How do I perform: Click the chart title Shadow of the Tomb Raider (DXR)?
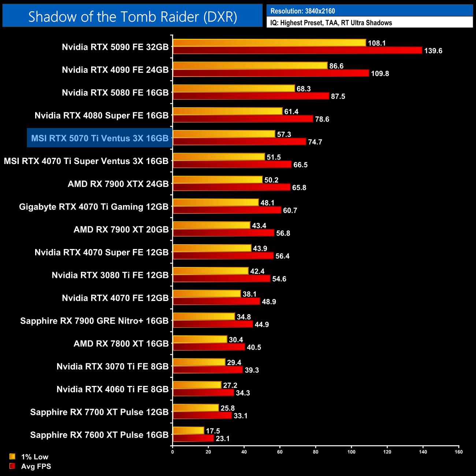(x=133, y=16)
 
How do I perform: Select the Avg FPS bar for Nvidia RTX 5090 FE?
(x=297, y=51)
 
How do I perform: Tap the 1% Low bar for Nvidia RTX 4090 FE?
(x=250, y=66)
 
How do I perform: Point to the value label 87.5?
(x=338, y=96)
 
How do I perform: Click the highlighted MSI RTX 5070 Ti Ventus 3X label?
(x=100, y=138)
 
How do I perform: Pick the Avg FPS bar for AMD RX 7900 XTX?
(x=231, y=187)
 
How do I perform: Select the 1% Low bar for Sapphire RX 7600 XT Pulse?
(x=188, y=431)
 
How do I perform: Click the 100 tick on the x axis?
(x=351, y=452)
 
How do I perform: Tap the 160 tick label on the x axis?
(x=458, y=452)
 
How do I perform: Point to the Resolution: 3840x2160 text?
(x=303, y=11)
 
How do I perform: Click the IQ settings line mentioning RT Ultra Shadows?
(x=331, y=23)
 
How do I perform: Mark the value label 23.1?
(x=223, y=439)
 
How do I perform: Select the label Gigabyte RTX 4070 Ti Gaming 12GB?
(x=94, y=207)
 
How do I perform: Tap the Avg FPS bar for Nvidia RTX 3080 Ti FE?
(x=222, y=279)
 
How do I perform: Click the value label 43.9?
(x=260, y=249)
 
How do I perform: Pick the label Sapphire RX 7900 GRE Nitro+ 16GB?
(x=94, y=321)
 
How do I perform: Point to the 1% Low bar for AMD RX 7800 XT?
(x=200, y=339)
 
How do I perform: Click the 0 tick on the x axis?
(x=172, y=452)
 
